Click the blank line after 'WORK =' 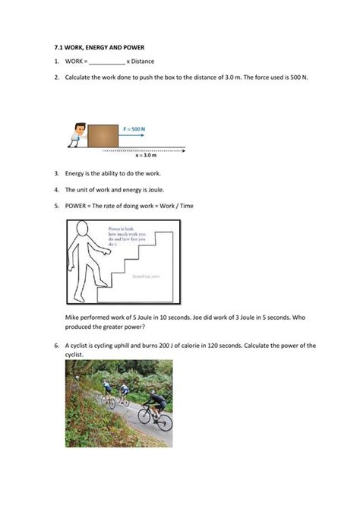point(107,62)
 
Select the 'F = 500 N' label point(134,130)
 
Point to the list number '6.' point(56,346)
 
